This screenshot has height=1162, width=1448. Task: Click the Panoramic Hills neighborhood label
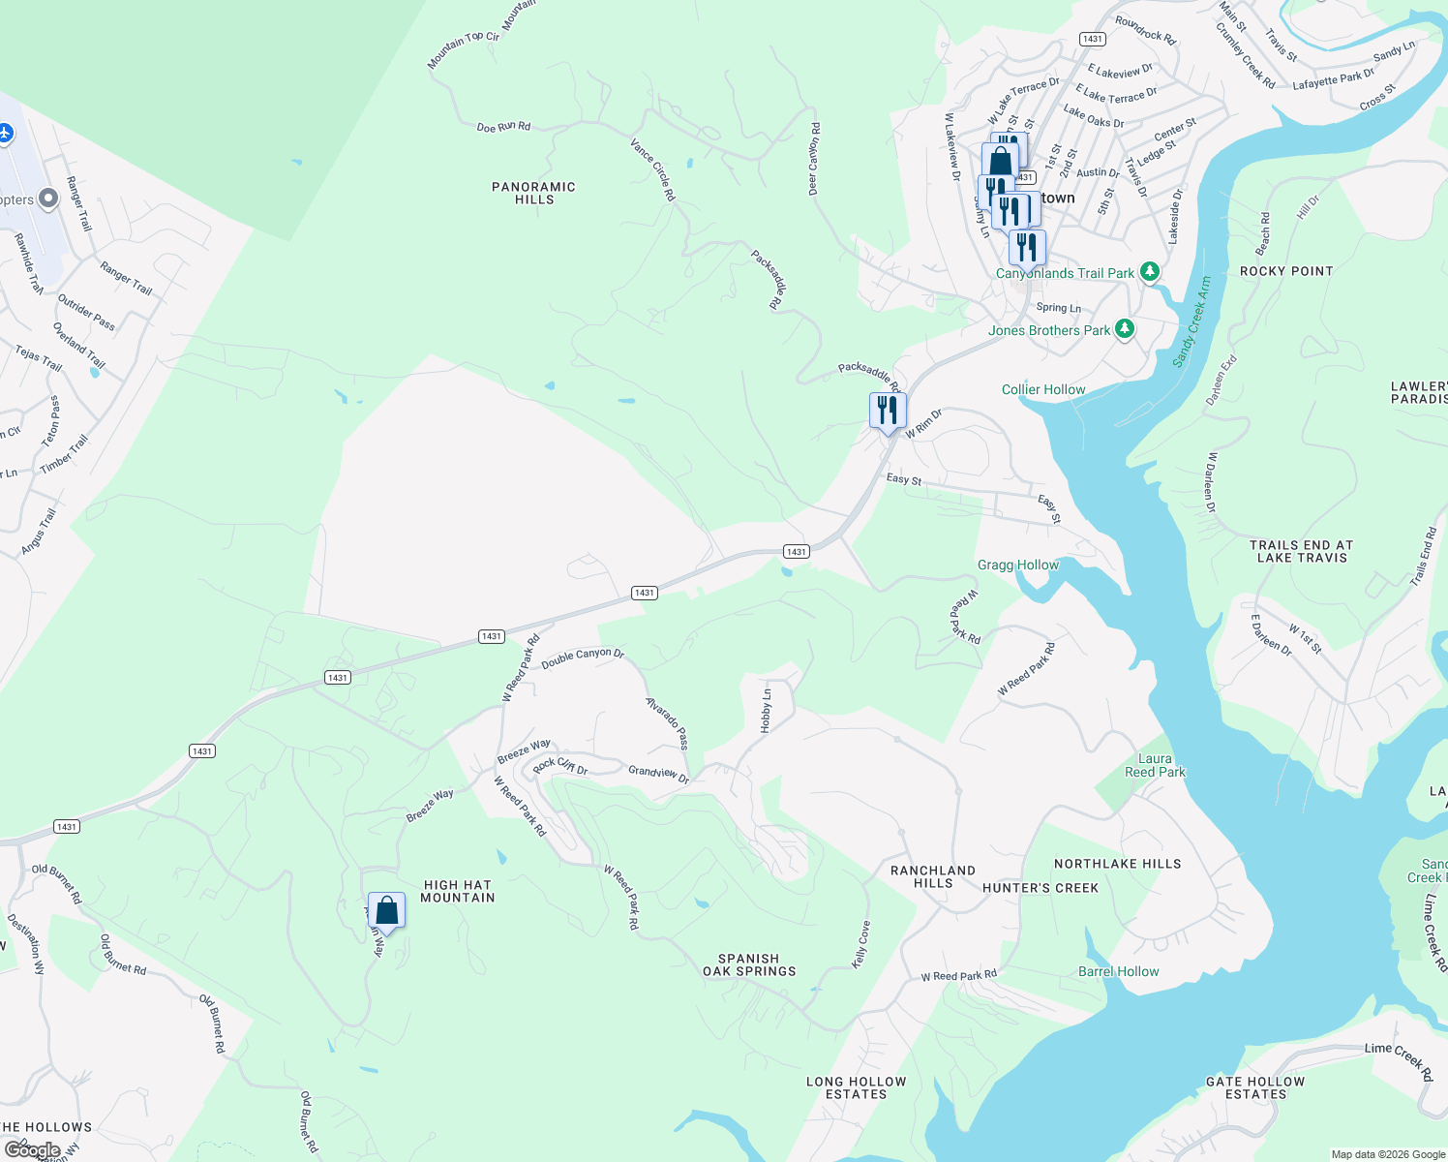pyautogui.click(x=533, y=193)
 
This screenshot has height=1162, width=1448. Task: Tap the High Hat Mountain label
pyautogui.click(x=457, y=891)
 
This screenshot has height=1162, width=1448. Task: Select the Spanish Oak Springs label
pyautogui.click(x=749, y=964)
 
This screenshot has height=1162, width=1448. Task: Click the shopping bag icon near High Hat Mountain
pyautogui.click(x=386, y=911)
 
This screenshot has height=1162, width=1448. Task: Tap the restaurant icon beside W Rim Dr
pyautogui.click(x=888, y=411)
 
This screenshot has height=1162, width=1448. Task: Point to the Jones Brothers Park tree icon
pyautogui.click(x=1124, y=330)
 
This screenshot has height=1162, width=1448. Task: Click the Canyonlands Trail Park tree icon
pyautogui.click(x=1149, y=272)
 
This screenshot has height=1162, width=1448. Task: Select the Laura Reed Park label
pyautogui.click(x=1155, y=765)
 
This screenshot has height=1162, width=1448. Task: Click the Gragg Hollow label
pyautogui.click(x=1018, y=565)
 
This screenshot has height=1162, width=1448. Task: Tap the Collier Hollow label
pyautogui.click(x=1043, y=389)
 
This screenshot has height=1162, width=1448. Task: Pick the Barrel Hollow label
pyautogui.click(x=1118, y=971)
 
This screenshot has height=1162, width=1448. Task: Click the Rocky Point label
pyautogui.click(x=1286, y=271)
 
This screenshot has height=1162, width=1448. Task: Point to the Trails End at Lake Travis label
pyautogui.click(x=1302, y=551)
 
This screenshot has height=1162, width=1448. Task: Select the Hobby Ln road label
pyautogui.click(x=767, y=710)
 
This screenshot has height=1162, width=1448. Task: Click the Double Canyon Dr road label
pyautogui.click(x=583, y=657)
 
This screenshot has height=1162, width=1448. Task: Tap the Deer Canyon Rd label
pyautogui.click(x=815, y=159)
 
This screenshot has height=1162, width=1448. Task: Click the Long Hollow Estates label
pyautogui.click(x=857, y=1087)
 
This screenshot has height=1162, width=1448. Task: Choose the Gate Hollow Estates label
pyautogui.click(x=1255, y=1087)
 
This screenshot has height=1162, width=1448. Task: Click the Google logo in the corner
pyautogui.click(x=32, y=1150)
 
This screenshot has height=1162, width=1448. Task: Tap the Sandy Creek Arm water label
pyautogui.click(x=1192, y=321)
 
